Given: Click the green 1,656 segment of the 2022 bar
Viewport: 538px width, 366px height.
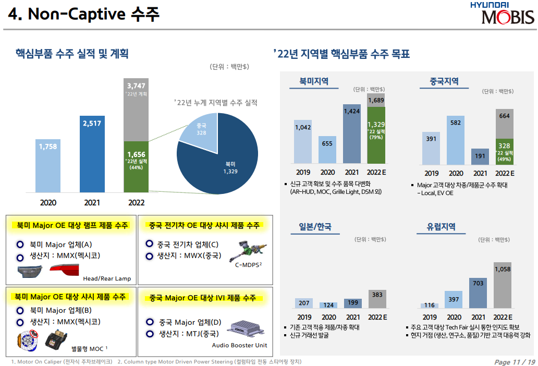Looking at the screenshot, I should click(136, 167).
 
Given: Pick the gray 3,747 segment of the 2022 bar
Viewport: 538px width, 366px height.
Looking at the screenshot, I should click(136, 109).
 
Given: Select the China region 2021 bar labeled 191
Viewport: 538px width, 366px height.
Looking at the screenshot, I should click(480, 156).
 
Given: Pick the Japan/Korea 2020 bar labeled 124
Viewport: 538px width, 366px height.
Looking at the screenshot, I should click(328, 305).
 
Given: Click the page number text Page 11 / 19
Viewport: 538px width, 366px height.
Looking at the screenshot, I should click(514, 362).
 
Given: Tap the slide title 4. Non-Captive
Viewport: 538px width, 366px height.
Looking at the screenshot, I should click(83, 15).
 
